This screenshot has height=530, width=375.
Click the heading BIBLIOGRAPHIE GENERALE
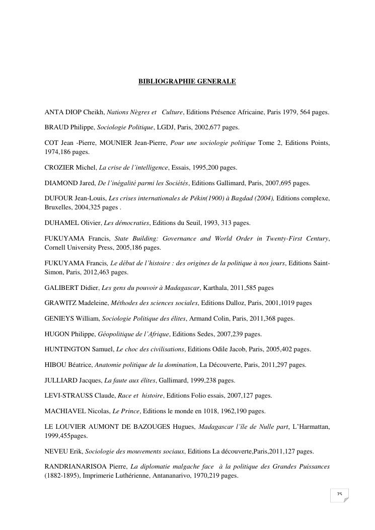coord(187,81)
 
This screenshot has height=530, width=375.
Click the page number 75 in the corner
coord(339,494)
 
